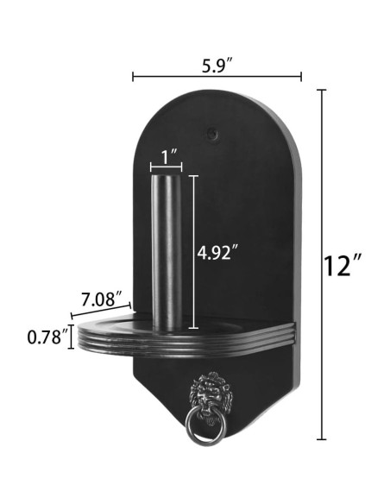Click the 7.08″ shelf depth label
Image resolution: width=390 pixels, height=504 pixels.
tap(102, 300)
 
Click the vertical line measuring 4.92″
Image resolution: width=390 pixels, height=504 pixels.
tap(193, 252)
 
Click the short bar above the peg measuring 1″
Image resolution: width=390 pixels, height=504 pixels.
tap(165, 167)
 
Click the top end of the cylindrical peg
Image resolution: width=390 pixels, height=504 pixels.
tap(166, 176)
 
